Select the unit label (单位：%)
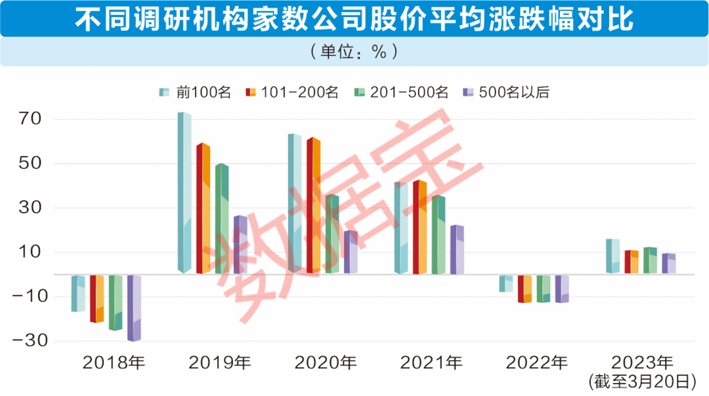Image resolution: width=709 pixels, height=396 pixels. (x=354, y=52)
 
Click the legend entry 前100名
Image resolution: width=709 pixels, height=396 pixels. (x=196, y=92)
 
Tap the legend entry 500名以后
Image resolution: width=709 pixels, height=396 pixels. (x=506, y=92)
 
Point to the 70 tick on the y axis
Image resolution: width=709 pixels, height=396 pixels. (x=30, y=120)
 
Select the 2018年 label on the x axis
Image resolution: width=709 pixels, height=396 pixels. (x=114, y=362)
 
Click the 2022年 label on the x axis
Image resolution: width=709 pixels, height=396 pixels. (x=537, y=362)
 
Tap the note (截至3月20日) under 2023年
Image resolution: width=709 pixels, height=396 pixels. (x=642, y=380)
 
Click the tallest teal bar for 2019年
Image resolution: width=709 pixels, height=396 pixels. (x=184, y=193)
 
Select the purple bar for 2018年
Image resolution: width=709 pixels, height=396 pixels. (x=134, y=308)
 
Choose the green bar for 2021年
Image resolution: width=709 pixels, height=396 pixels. (x=439, y=234)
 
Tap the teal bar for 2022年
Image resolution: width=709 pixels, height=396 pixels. (x=505, y=283)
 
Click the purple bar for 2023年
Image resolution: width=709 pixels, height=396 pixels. (x=668, y=264)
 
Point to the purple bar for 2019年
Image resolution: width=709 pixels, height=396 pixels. (x=240, y=245)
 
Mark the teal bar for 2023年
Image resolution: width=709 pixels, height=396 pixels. (x=612, y=256)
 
